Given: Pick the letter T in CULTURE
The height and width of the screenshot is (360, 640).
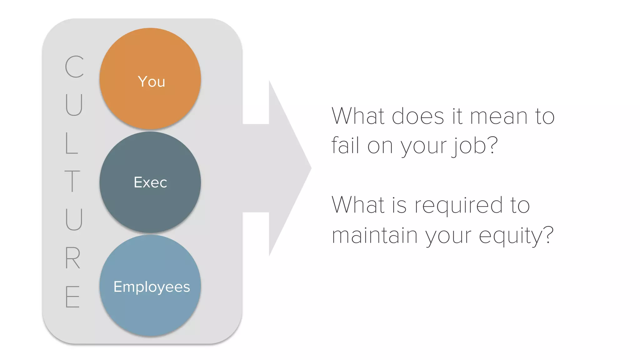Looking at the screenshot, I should pyautogui.click(x=72, y=181).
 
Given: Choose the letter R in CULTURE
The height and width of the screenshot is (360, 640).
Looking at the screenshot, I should pyautogui.click(x=72, y=258).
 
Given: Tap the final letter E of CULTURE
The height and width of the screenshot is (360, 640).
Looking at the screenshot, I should pyautogui.click(x=72, y=297).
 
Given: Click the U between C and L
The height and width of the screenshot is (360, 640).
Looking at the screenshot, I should pyautogui.click(x=74, y=105).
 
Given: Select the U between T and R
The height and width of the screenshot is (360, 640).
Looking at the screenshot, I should pyautogui.click(x=74, y=219).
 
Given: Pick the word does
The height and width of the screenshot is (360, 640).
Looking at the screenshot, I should pyautogui.click(x=418, y=116).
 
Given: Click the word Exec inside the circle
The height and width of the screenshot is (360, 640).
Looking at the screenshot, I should pyautogui.click(x=150, y=182).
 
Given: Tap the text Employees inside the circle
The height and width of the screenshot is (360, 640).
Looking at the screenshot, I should pyautogui.click(x=152, y=287).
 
